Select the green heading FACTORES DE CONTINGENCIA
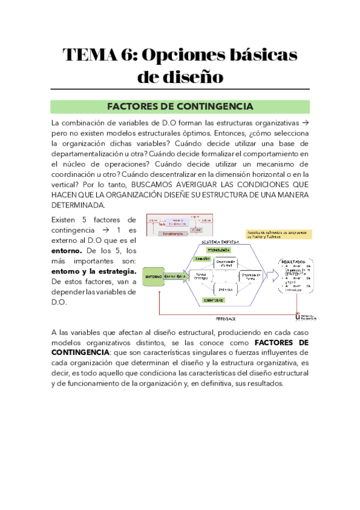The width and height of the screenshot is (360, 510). [180, 106]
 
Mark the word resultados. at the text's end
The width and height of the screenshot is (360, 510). [259, 385]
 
